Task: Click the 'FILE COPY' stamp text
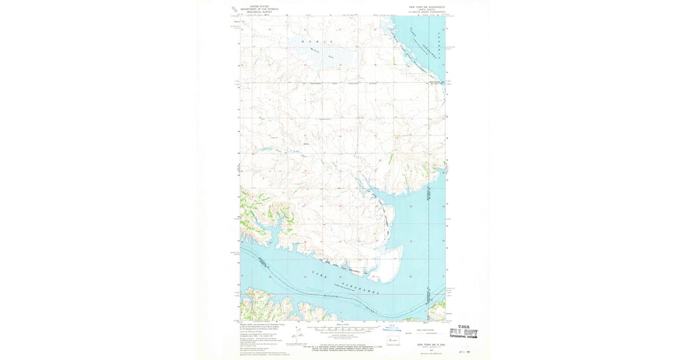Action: tap(464, 332)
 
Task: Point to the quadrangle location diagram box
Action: tap(392, 341)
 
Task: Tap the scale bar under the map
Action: tap(343, 329)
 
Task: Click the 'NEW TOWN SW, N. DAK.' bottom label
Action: tap(424, 345)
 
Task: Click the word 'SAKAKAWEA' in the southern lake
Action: tap(360, 287)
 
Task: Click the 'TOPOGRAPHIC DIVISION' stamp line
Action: tap(464, 337)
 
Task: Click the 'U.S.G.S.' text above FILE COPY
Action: tap(462, 326)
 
